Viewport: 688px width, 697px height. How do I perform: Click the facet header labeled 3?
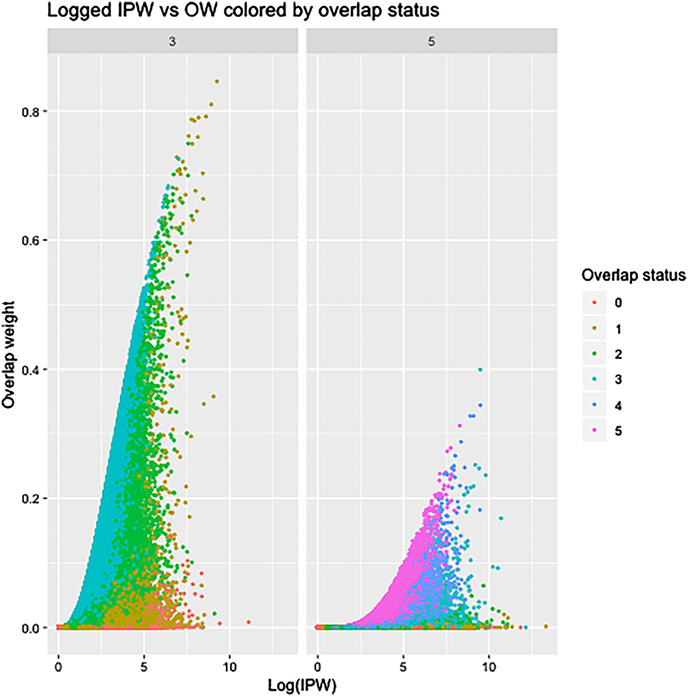[x=172, y=42]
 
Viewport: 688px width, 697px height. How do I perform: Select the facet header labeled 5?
[x=432, y=42]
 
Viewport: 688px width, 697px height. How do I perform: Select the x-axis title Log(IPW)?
[x=302, y=686]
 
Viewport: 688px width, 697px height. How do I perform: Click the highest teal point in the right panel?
[x=480, y=370]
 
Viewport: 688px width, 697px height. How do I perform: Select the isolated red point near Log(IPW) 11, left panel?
[x=249, y=622]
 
